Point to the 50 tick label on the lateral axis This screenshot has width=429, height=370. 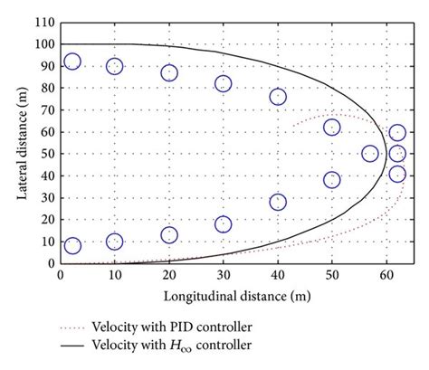click(47, 154)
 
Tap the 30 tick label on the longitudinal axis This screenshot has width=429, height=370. click(223, 274)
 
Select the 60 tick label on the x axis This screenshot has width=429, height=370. click(386, 274)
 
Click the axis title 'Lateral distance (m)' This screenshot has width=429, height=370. click(20, 142)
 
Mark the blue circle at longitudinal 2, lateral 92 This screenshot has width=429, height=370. click(72, 62)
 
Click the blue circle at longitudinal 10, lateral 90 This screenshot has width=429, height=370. click(115, 66)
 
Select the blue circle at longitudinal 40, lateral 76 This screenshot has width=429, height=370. click(278, 97)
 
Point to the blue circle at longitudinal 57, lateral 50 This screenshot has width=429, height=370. click(370, 154)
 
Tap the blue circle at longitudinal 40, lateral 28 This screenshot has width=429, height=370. click(278, 202)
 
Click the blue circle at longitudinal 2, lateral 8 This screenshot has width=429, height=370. click(72, 246)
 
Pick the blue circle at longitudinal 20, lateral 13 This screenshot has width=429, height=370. click(169, 235)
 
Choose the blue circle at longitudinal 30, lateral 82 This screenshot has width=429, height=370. click(223, 83)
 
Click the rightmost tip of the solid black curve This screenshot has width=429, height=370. click(386, 154)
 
